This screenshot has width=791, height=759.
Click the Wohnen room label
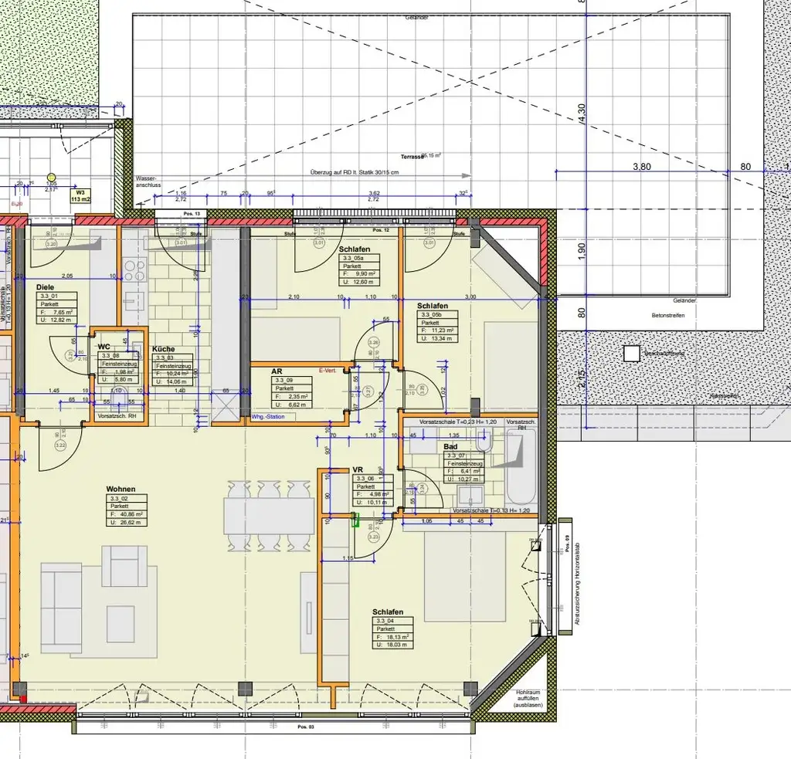[122, 490]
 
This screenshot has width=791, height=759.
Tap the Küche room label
[164, 348]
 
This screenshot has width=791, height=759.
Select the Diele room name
[46, 287]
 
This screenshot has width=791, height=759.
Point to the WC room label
[104, 347]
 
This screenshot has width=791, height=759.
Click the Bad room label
[450, 446]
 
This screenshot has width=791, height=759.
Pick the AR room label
[277, 371]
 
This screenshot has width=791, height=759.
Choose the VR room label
[358, 469]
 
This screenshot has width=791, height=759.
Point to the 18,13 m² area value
[393, 637]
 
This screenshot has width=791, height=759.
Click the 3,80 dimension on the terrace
[642, 166]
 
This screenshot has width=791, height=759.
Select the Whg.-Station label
[268, 417]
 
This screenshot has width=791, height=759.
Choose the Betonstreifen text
[668, 315]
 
